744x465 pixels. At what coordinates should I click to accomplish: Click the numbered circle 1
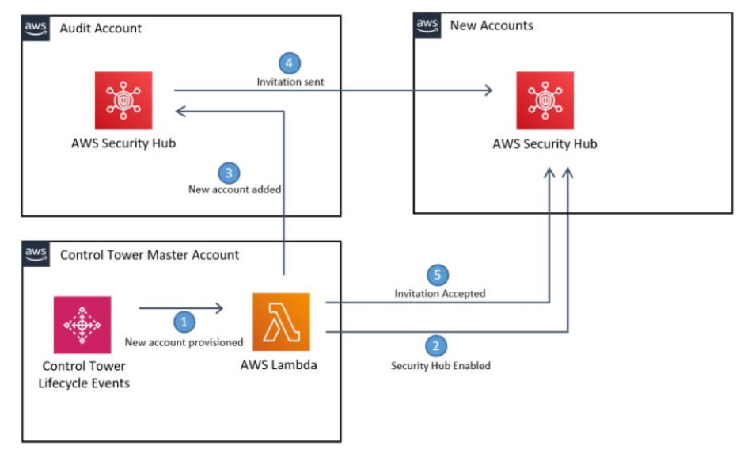pyautogui.click(x=184, y=322)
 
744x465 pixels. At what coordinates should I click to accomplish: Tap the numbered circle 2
pyautogui.click(x=436, y=345)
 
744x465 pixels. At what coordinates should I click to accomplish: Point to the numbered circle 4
pyautogui.click(x=290, y=63)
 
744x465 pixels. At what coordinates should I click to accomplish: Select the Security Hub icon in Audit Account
pyautogui.click(x=123, y=100)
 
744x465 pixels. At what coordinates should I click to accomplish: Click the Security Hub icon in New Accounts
pyautogui.click(x=545, y=100)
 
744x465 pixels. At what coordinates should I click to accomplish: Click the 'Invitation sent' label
pyautogui.click(x=290, y=82)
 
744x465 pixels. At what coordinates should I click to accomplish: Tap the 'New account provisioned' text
pyautogui.click(x=184, y=342)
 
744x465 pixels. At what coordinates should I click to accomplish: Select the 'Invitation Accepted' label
pyautogui.click(x=440, y=294)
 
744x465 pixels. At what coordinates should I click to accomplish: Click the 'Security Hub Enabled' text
pyautogui.click(x=441, y=365)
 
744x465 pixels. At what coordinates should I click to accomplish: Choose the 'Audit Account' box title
pyautogui.click(x=101, y=28)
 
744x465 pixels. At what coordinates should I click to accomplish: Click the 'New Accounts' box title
pyautogui.click(x=492, y=25)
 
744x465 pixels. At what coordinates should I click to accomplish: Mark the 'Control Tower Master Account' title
pyautogui.click(x=150, y=254)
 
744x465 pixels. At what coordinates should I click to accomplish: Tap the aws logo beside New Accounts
pyautogui.click(x=427, y=25)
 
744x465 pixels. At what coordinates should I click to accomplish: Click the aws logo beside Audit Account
pyautogui.click(x=36, y=28)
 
